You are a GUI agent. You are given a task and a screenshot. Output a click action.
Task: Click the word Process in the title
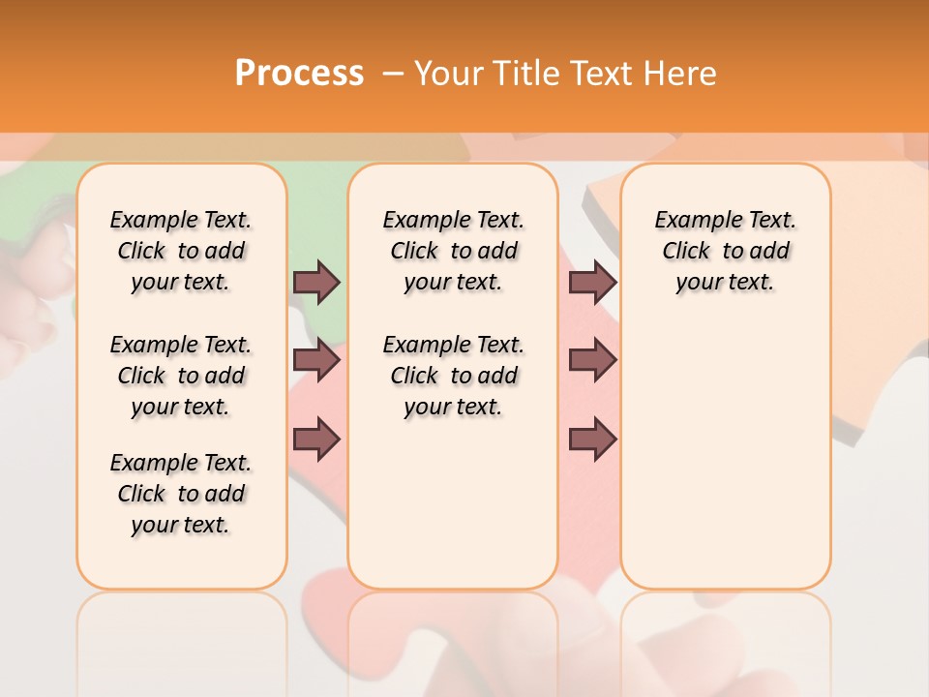pos(298,74)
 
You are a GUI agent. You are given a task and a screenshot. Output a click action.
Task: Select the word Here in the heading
pos(678,74)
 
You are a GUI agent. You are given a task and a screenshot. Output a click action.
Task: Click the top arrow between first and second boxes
pos(316,283)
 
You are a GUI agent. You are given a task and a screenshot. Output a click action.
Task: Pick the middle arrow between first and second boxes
pos(316,361)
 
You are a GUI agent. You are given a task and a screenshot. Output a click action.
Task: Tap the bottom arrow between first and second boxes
pos(316,439)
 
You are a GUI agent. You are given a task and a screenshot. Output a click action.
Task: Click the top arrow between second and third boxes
pos(592,283)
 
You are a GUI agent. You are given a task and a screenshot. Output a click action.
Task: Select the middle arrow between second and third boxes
pos(592,361)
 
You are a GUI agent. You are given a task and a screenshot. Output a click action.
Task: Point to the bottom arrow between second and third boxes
pos(592,439)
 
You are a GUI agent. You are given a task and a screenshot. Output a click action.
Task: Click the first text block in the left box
pos(181,251)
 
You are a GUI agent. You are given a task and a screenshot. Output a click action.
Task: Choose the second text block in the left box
pos(181,376)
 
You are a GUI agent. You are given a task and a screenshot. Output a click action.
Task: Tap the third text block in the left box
pos(181,494)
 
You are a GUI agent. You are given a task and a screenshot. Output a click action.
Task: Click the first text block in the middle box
pos(453,251)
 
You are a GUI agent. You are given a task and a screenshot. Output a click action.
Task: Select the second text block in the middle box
pos(453,376)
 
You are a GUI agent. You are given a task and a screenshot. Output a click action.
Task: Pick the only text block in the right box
pos(725,251)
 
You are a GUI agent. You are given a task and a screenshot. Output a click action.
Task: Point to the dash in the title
pos(392,74)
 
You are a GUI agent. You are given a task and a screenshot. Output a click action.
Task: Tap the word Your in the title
pos(449,74)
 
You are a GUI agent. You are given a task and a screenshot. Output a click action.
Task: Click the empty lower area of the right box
pos(725,455)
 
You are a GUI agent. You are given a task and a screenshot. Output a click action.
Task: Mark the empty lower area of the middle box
pos(453,503)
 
